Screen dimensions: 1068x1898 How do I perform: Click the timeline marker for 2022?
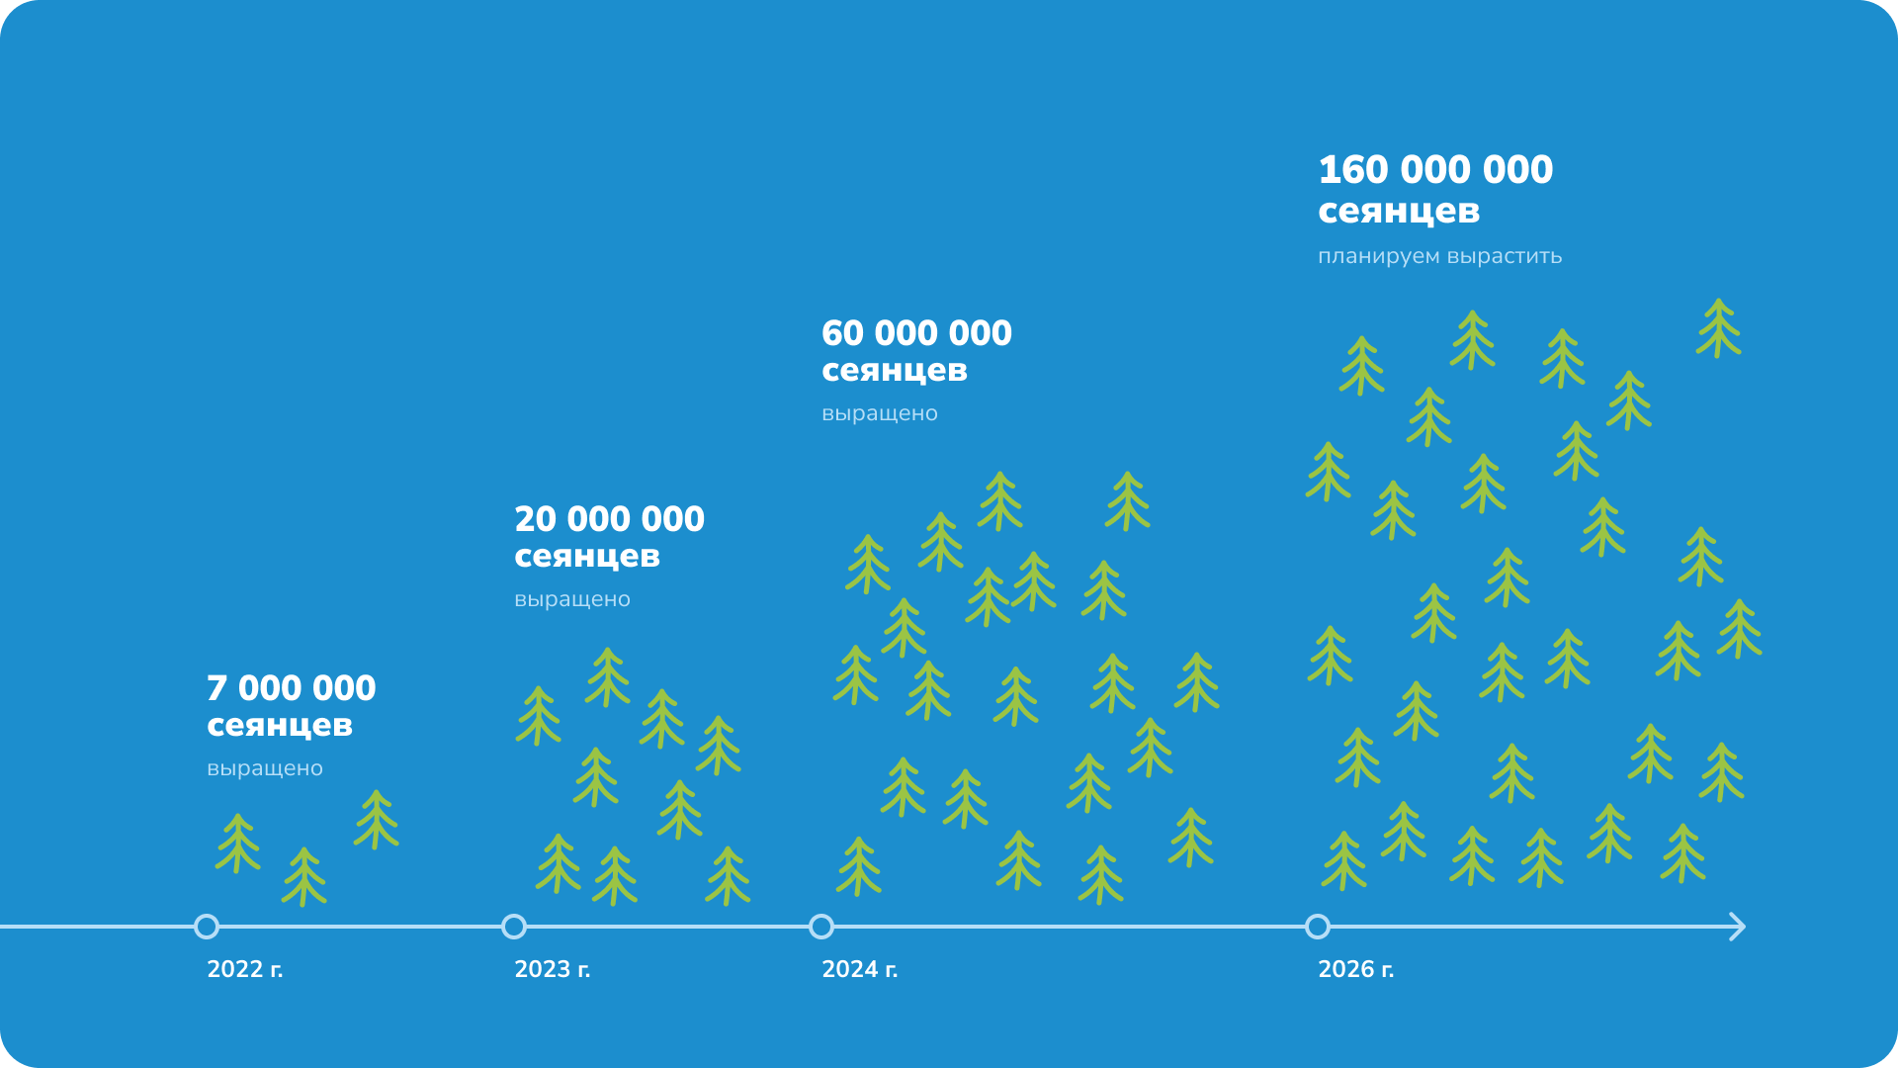coord(207,927)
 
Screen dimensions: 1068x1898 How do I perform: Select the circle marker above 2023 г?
coord(514,927)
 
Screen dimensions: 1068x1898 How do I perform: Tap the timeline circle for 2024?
coord(821,927)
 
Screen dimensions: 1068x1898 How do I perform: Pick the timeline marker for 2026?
coord(1318,927)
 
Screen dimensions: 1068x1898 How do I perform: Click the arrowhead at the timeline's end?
coord(1737,927)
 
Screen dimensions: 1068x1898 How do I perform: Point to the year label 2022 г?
coord(245,969)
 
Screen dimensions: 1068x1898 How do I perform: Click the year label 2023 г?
coord(553,969)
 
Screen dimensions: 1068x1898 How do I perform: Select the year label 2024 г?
coord(860,969)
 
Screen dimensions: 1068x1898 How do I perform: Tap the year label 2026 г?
coord(1356,969)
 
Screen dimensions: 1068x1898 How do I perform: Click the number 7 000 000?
coord(292,688)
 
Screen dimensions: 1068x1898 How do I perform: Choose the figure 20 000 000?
coord(609,519)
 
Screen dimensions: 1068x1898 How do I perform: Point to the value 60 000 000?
coord(916,333)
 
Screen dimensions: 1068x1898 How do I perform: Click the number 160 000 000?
coord(1435,170)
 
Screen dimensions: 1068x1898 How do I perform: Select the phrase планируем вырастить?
coord(1439,256)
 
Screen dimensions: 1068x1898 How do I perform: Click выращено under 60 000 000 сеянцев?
coord(880,413)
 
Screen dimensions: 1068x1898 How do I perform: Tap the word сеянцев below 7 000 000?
coord(280,726)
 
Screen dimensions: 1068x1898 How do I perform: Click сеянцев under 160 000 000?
coord(1399,212)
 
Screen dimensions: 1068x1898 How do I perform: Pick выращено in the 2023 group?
coord(572,599)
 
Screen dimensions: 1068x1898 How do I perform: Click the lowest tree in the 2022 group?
coord(304,876)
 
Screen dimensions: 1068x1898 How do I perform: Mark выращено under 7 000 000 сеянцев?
coord(265,768)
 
